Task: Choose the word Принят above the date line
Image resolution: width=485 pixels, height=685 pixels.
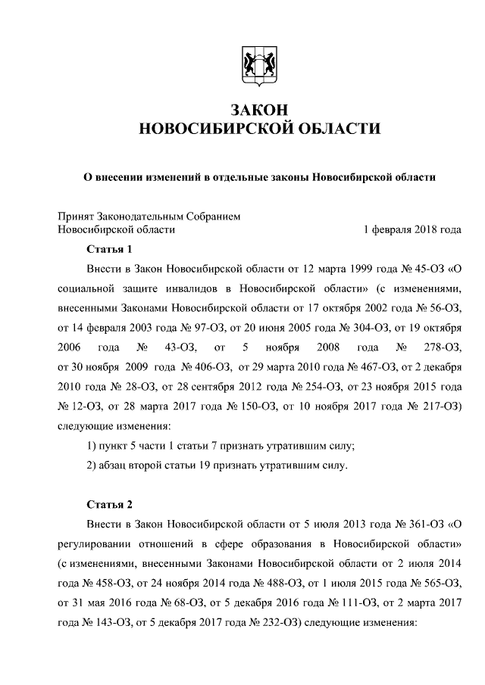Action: click(x=78, y=216)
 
